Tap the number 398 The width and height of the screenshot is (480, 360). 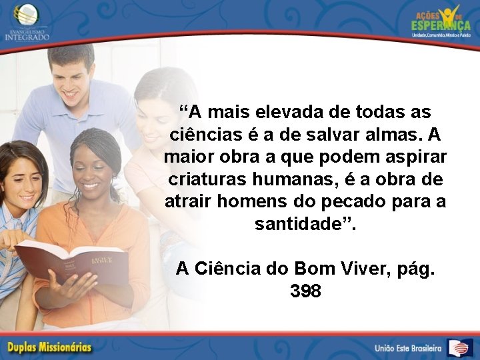tap(306, 291)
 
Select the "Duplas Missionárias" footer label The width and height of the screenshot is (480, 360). tap(50, 347)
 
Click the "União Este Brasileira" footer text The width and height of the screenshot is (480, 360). tap(407, 348)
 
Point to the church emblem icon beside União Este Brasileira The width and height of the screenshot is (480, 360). tap(460, 347)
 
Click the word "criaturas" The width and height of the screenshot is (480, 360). tap(204, 179)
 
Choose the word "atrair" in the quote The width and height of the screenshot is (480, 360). tap(186, 202)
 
